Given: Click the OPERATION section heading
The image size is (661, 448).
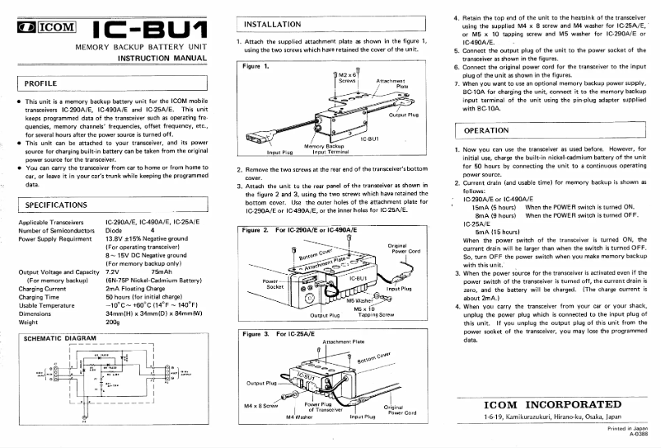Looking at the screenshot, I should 486,130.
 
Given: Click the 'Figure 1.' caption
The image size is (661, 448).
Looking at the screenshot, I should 256,65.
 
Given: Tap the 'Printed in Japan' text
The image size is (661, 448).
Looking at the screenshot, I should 628,431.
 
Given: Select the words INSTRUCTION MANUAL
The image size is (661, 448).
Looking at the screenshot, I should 162,59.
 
